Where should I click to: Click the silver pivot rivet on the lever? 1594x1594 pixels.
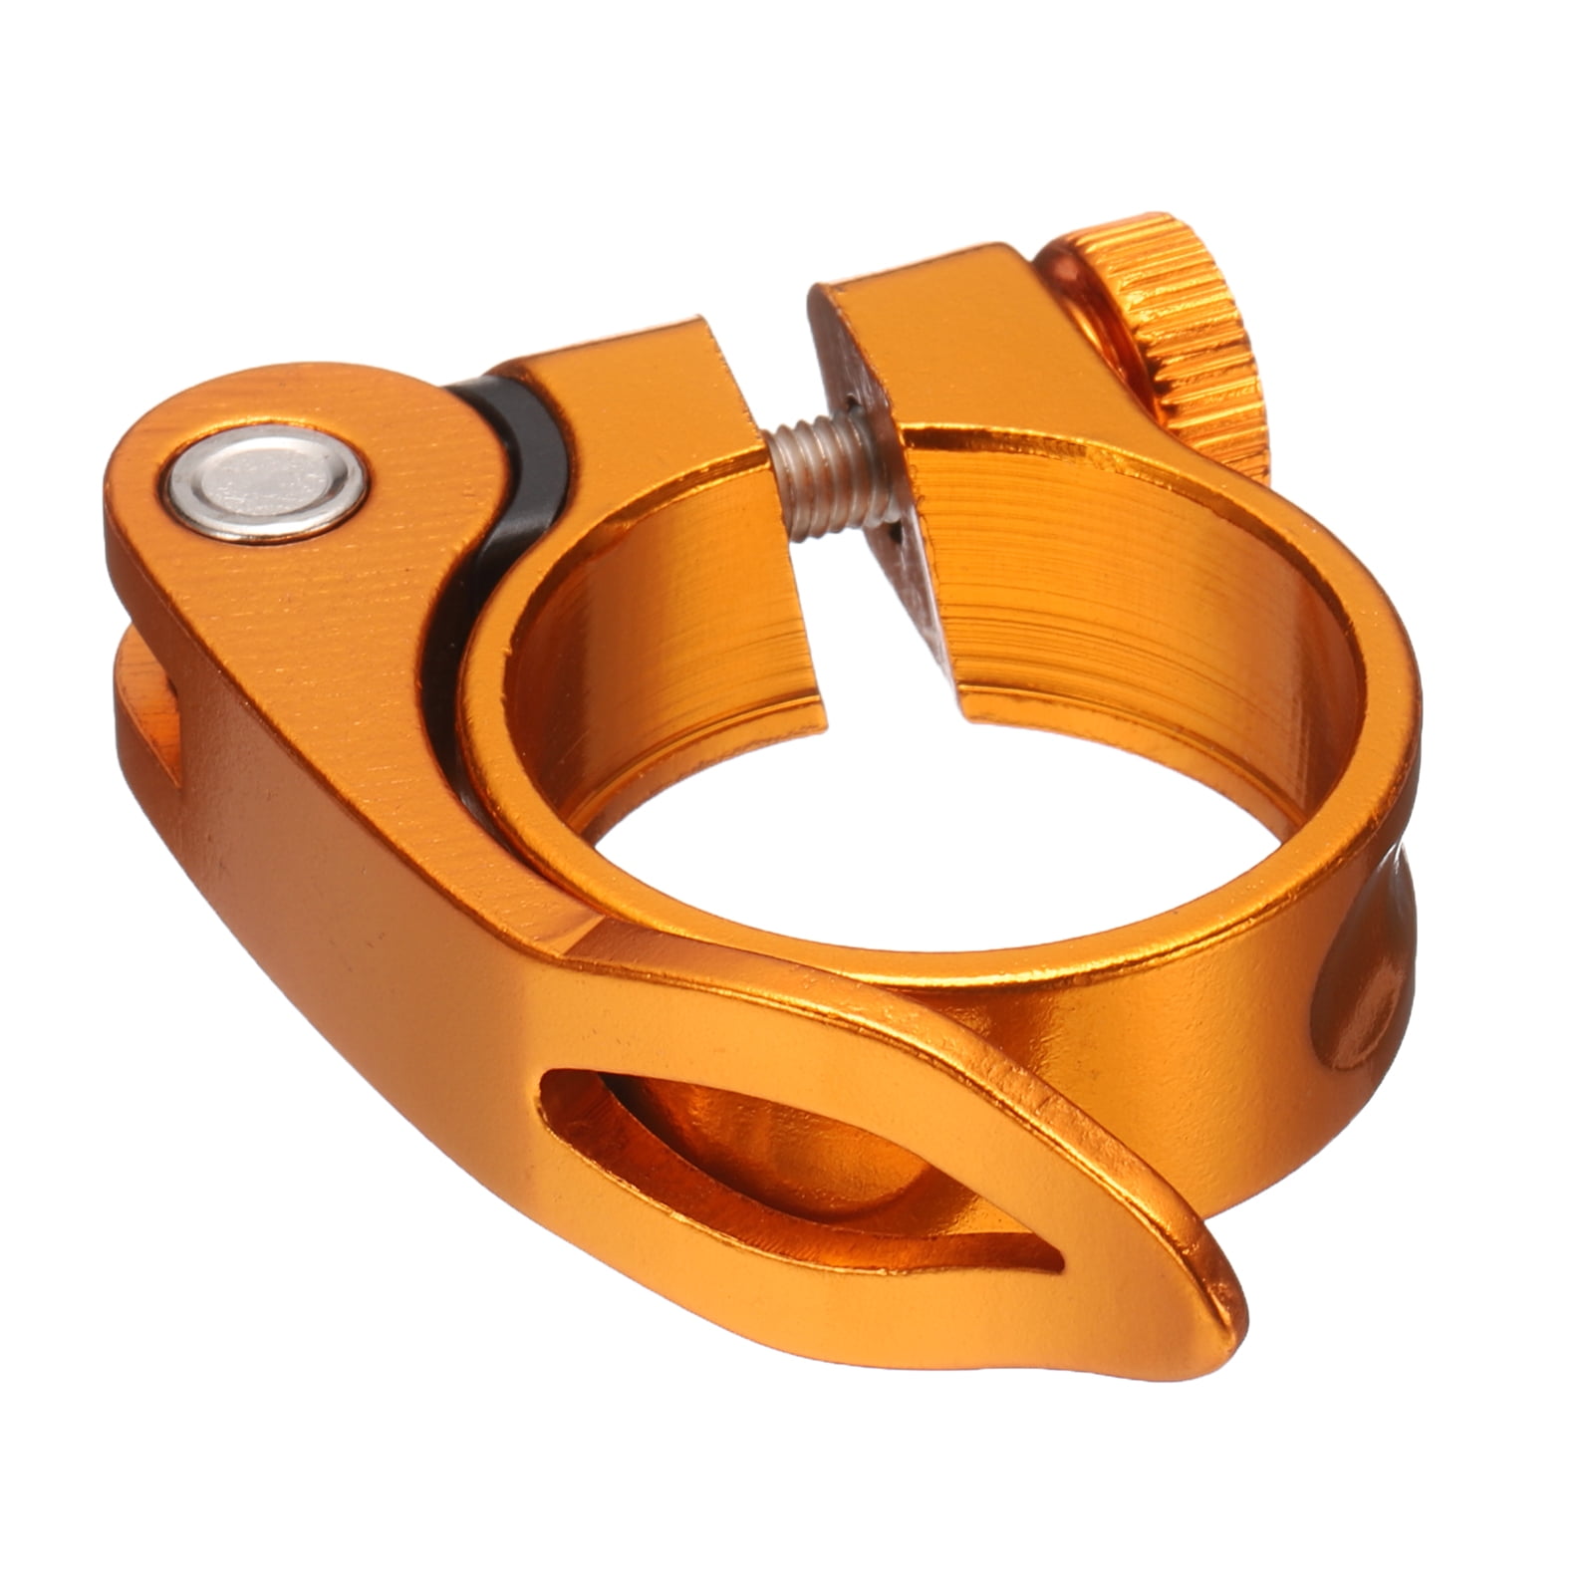click(266, 485)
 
